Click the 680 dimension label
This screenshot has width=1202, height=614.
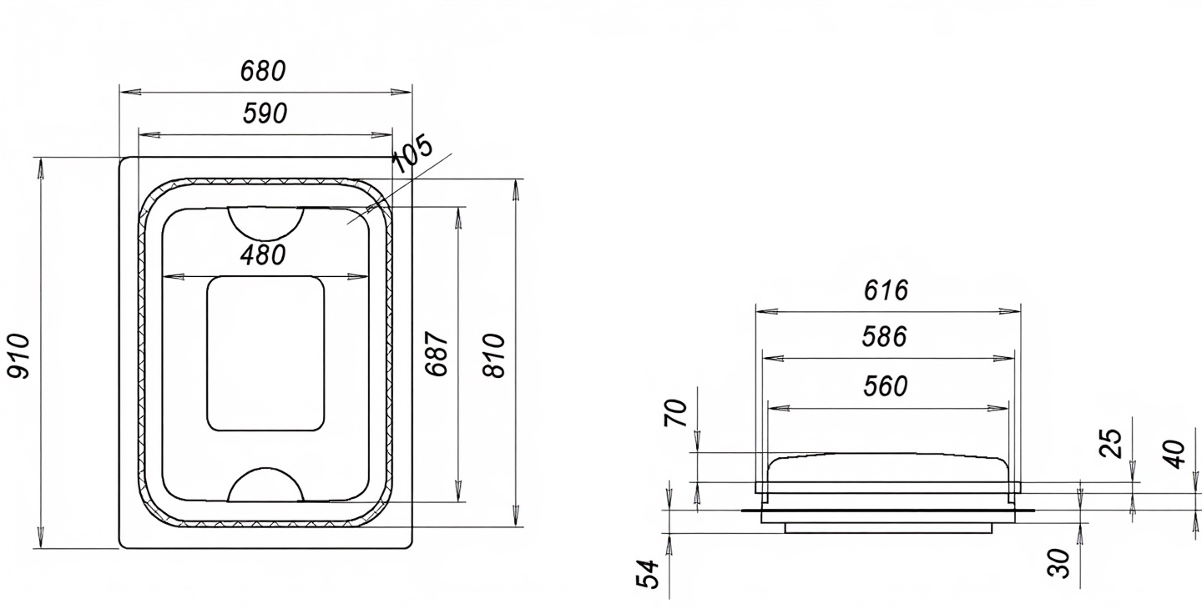click(x=262, y=71)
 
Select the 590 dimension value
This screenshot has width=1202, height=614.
click(x=265, y=113)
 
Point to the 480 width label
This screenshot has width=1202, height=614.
click(x=262, y=255)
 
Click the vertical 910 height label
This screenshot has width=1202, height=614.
click(x=18, y=355)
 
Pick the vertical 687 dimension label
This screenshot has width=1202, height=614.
click(x=436, y=354)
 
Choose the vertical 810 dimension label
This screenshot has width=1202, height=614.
click(x=493, y=355)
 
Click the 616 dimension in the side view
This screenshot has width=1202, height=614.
click(x=886, y=290)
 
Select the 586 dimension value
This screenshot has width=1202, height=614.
click(x=884, y=337)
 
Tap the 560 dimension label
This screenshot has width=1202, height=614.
click(x=886, y=386)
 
